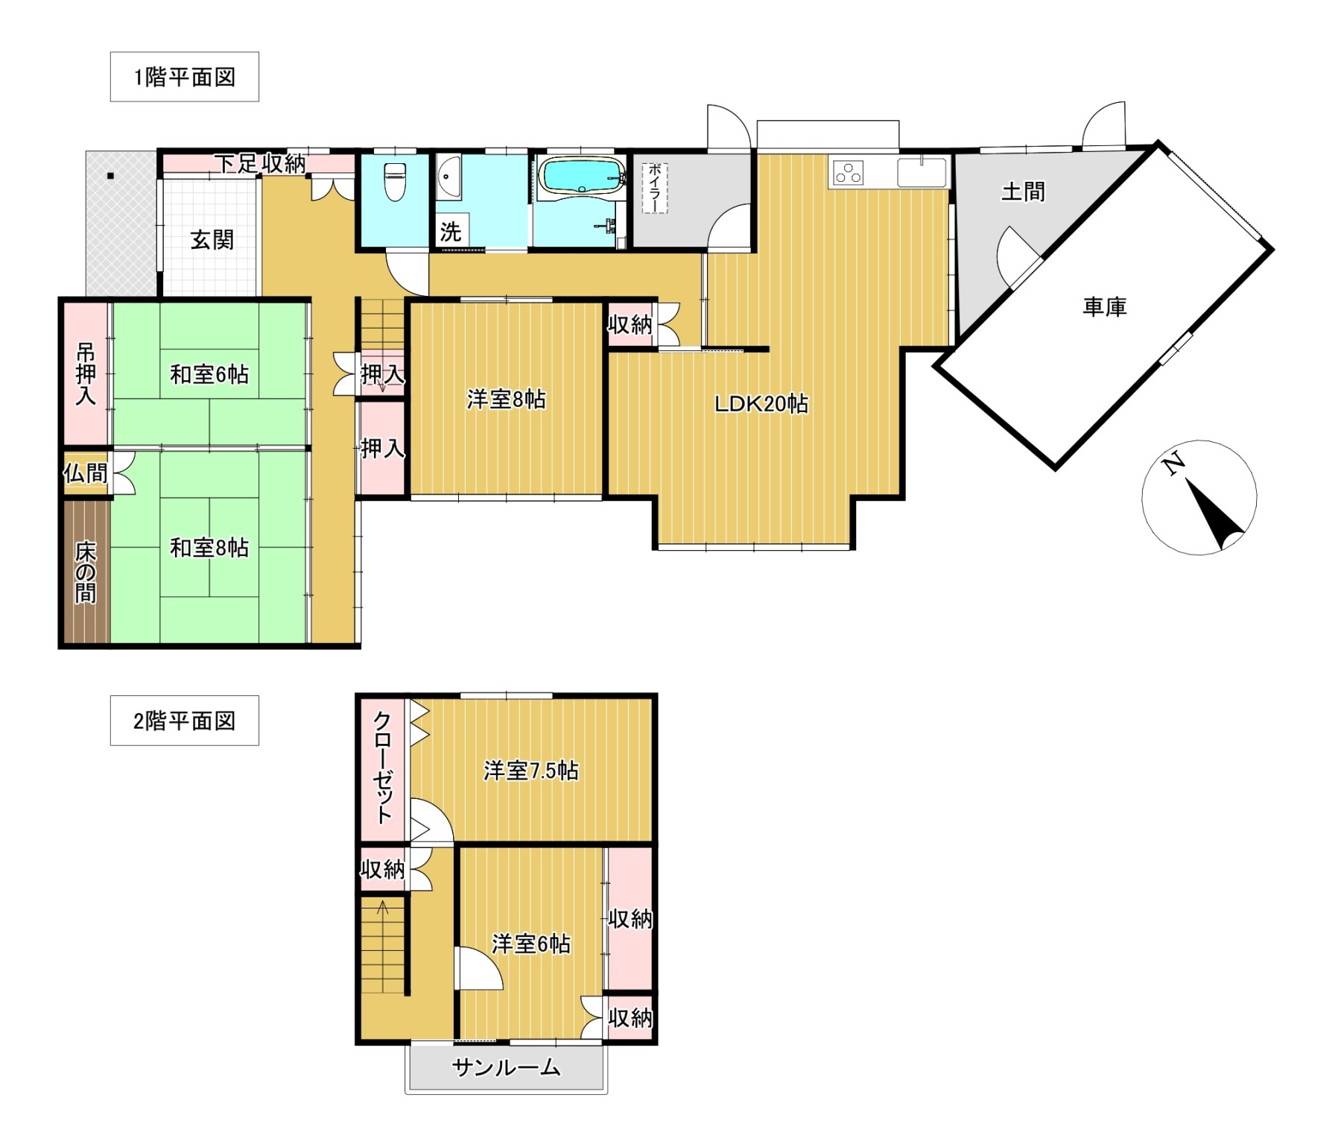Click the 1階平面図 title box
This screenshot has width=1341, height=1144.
tap(184, 77)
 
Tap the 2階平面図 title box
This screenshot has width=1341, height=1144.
tap(184, 721)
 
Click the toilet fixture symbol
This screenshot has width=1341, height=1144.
tap(395, 182)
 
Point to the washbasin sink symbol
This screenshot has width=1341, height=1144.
tap(448, 177)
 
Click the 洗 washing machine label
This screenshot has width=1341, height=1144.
tap(450, 232)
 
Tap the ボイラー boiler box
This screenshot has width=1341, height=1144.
tap(655, 188)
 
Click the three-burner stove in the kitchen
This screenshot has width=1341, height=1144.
tap(849, 172)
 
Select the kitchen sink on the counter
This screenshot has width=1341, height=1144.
tap(922, 172)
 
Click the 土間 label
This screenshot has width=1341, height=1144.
tap(1023, 192)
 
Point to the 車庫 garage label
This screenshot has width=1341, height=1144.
tap(1104, 306)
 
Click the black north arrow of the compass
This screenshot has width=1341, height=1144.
tap(1215, 515)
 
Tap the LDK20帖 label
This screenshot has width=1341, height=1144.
tap(761, 404)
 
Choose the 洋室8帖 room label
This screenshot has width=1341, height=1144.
tap(507, 399)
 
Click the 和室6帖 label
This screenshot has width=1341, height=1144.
tap(209, 374)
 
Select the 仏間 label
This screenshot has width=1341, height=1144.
tap(86, 473)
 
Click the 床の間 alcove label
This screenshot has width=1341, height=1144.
tap(86, 572)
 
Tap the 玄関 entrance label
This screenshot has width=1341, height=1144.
tap(212, 240)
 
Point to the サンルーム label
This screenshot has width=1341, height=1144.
tap(507, 1068)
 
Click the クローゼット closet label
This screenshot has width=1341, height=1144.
tap(383, 768)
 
